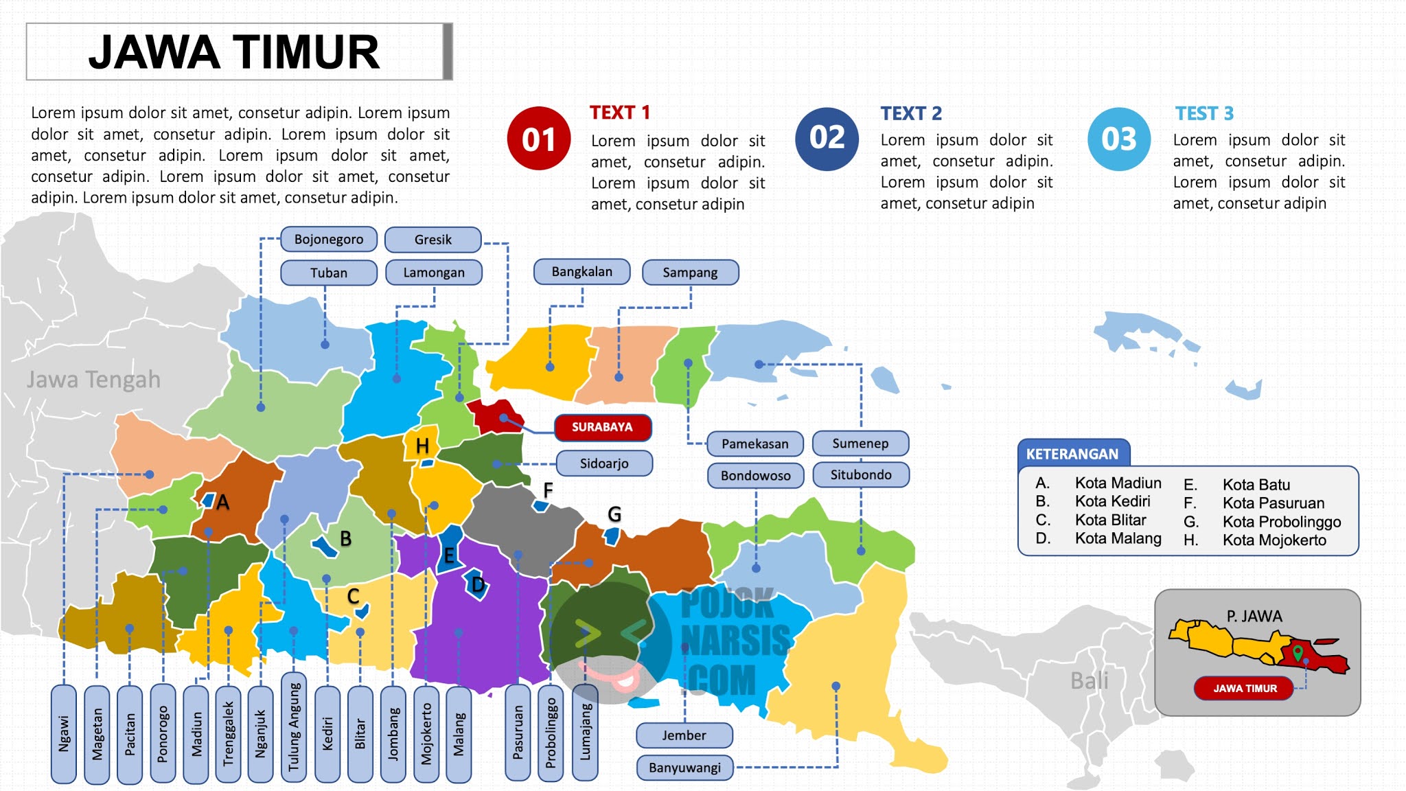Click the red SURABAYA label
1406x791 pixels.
602,427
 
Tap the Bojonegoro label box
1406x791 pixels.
329,240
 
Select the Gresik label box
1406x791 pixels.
433,240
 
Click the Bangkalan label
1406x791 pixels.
581,272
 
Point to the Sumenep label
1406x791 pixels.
860,444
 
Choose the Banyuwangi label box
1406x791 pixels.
684,768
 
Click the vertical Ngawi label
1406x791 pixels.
64,734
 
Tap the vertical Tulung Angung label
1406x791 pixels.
294,728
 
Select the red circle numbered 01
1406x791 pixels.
539,139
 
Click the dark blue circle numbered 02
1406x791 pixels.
827,139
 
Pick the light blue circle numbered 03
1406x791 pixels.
1119,139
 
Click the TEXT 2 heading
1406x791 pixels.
911,113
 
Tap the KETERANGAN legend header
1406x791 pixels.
1072,454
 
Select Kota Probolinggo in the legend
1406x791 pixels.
1281,522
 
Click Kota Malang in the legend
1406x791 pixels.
1118,538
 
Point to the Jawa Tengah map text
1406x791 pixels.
93,380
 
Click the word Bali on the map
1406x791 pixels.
1089,680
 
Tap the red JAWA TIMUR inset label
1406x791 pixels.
1245,688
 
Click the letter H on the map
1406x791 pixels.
422,446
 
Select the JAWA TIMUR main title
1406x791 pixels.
234,52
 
